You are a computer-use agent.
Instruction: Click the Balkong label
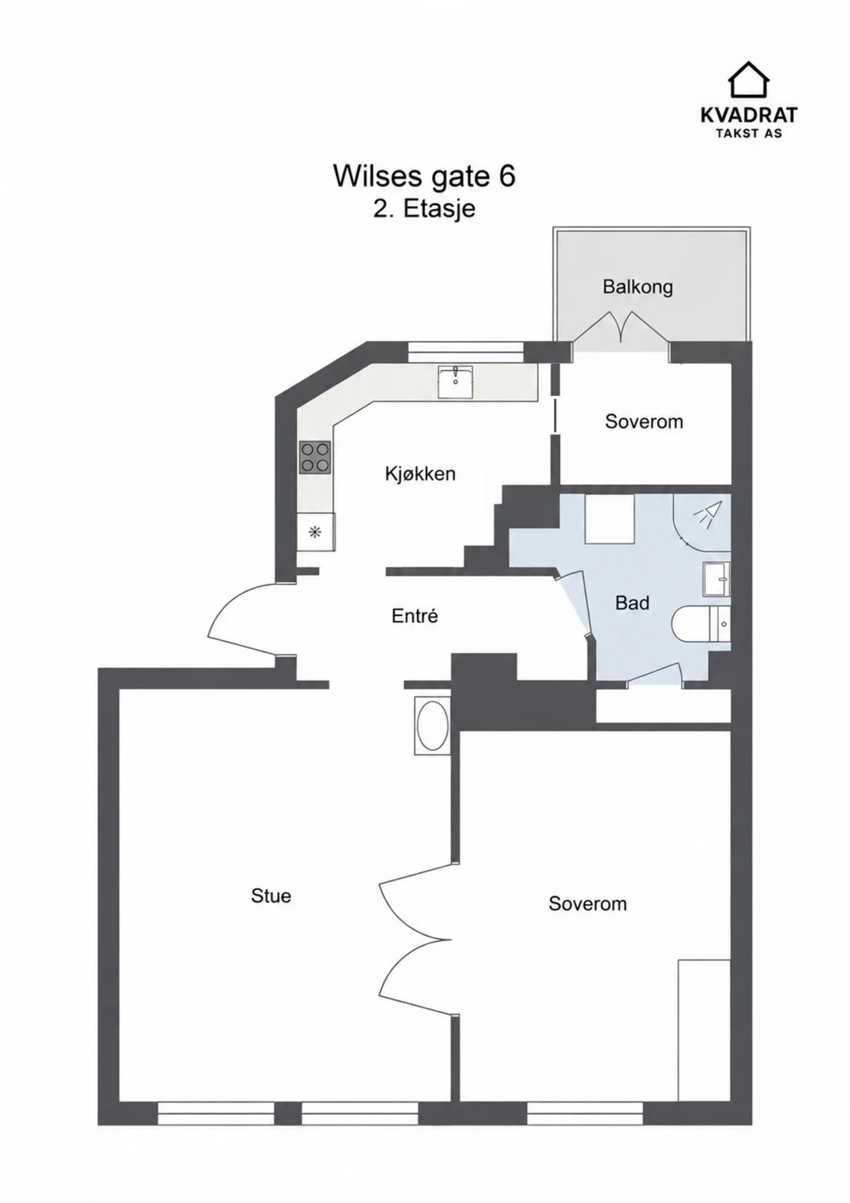[x=637, y=287]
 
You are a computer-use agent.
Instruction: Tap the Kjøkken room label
[x=420, y=474]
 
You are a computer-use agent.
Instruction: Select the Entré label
[x=414, y=616]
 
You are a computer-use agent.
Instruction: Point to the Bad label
[x=632, y=603]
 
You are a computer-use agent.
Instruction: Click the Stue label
[x=271, y=896]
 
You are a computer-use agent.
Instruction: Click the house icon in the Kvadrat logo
[x=748, y=80]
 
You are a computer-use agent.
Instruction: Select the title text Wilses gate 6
[x=424, y=176]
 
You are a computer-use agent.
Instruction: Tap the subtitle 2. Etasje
[x=424, y=209]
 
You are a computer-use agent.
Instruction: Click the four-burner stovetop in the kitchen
[x=315, y=458]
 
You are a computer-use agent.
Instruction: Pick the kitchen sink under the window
[x=455, y=382]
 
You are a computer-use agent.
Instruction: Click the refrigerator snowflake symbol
[x=314, y=533]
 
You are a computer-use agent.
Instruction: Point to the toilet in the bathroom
[x=701, y=624]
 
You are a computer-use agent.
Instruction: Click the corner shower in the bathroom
[x=702, y=523]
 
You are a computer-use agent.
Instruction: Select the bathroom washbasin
[x=716, y=579]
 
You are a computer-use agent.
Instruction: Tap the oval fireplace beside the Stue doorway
[x=432, y=726]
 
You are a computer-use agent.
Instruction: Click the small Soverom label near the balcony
[x=644, y=422]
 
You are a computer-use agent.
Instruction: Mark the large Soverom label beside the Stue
[x=587, y=904]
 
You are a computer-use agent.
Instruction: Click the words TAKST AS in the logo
[x=748, y=133]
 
